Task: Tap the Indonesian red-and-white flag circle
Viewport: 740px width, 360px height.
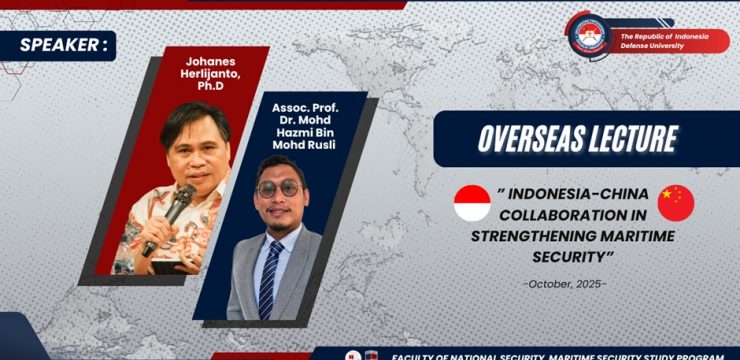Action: (x=472, y=203)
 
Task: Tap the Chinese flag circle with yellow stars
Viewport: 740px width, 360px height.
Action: (x=676, y=202)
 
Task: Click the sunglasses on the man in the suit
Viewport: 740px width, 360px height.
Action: (x=278, y=188)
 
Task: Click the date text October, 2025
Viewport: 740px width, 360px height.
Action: (x=565, y=283)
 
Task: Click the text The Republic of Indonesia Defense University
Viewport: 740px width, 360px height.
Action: (x=664, y=40)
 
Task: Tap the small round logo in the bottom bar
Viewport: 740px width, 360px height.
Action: (x=351, y=355)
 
